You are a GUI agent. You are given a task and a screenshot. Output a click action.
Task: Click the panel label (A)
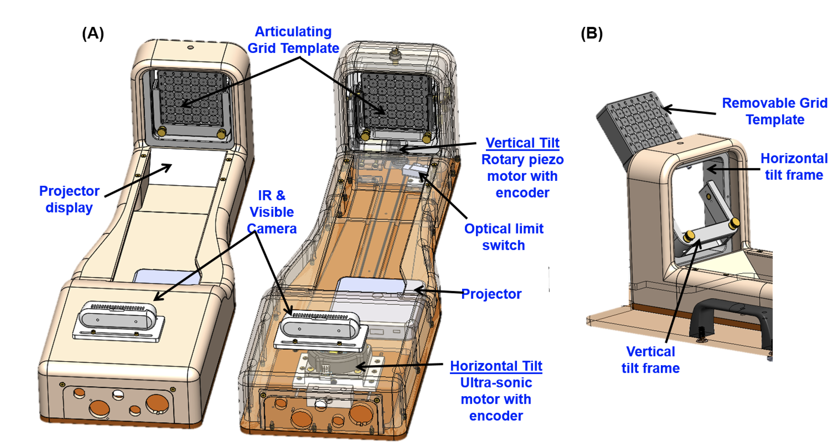point(93,33)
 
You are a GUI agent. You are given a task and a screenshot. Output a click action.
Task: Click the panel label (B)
point(591,33)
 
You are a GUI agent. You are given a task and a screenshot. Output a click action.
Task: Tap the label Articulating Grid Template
point(293,40)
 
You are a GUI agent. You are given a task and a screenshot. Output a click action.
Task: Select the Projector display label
point(69,199)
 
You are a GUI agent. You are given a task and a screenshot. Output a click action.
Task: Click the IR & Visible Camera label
point(271,212)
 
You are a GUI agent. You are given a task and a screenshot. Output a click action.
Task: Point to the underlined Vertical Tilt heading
point(522,143)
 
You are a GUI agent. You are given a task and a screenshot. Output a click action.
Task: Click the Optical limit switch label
point(503,237)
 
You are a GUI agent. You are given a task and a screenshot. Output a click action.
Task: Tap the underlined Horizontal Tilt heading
point(496,366)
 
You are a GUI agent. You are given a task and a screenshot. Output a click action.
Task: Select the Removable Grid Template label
point(774,111)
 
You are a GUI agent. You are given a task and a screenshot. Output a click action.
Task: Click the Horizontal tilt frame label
point(794,166)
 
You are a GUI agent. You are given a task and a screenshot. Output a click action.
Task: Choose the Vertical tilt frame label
point(650,360)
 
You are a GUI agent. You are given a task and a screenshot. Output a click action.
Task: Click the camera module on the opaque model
point(118,318)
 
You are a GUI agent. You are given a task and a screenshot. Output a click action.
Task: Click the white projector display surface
point(188,168)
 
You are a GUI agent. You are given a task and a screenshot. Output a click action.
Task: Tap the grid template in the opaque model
point(190,99)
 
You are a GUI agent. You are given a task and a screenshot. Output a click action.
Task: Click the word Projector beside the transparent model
point(491,294)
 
